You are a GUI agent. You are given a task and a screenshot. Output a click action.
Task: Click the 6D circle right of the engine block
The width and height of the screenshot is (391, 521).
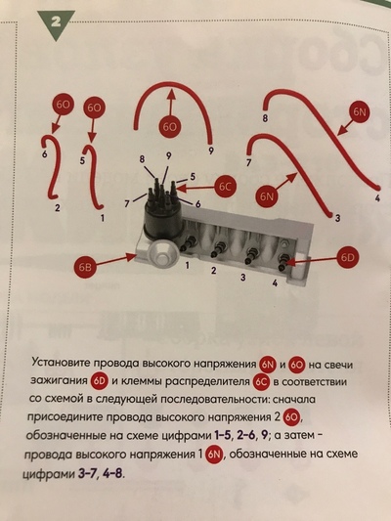350,259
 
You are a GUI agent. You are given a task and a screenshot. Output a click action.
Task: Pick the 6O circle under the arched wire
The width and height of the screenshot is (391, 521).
171,128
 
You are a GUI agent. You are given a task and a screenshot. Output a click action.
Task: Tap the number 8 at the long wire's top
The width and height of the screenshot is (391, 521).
265,118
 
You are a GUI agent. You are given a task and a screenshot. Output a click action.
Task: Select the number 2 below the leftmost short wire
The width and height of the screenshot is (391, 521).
58,207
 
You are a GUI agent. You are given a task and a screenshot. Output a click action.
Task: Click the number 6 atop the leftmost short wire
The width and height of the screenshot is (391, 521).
45,154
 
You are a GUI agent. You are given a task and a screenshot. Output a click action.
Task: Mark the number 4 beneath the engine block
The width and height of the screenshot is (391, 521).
275,284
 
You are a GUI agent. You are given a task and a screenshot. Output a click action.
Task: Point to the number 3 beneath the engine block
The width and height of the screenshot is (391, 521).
242,278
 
